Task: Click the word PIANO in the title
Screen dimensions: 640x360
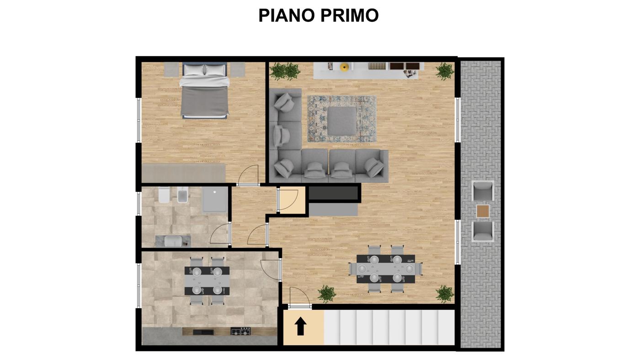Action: click(287, 15)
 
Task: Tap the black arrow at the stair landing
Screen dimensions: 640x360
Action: click(300, 326)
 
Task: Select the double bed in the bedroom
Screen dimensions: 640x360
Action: click(205, 90)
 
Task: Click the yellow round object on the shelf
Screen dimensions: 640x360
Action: click(345, 67)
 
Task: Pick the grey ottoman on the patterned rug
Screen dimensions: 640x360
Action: click(342, 121)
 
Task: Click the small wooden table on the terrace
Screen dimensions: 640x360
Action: click(483, 211)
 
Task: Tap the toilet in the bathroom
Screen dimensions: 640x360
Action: click(164, 195)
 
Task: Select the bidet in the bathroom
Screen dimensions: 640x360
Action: click(182, 195)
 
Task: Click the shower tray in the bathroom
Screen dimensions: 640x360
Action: click(215, 200)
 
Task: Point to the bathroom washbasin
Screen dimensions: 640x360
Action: click(173, 241)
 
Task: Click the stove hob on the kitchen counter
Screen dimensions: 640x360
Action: click(240, 331)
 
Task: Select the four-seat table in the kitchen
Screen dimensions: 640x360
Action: click(207, 281)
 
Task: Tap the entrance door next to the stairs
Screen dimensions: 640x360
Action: click(299, 297)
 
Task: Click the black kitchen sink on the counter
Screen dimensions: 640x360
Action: click(203, 332)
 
